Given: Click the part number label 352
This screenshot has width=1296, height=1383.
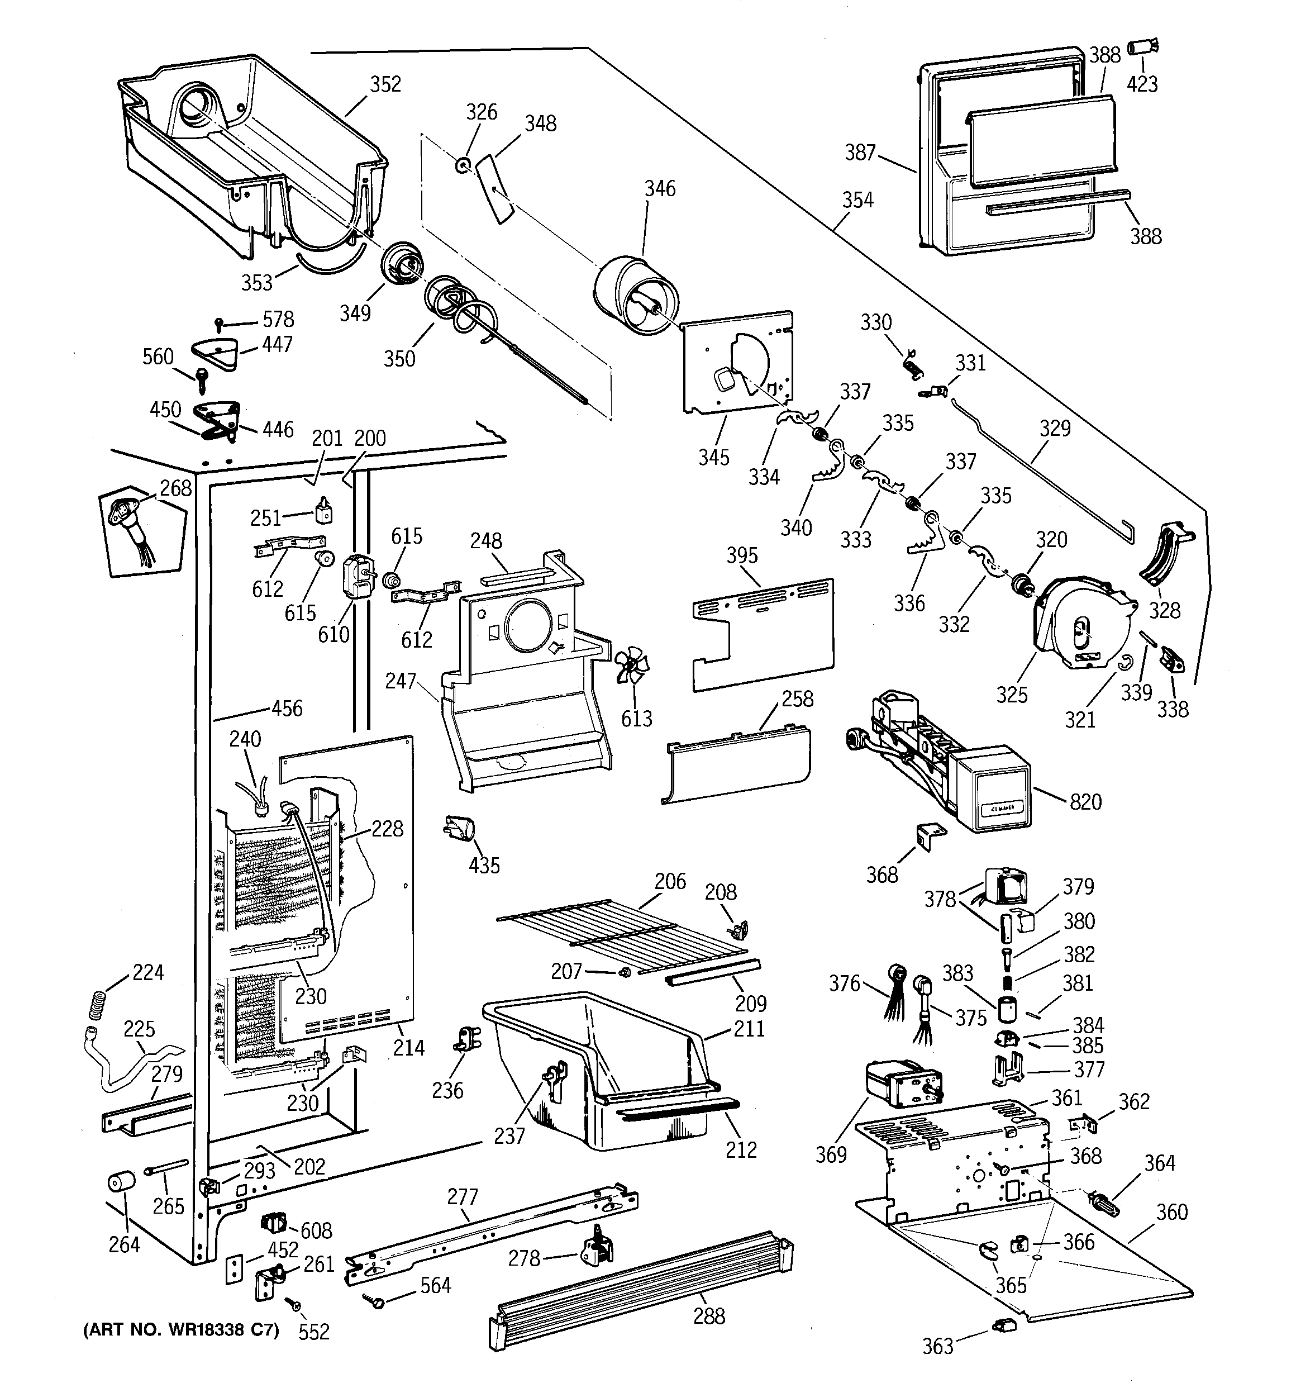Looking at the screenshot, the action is (x=385, y=84).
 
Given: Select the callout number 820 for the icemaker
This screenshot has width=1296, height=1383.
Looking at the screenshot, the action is (x=1085, y=802).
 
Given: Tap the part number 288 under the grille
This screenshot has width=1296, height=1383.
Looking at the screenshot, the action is (x=709, y=1315).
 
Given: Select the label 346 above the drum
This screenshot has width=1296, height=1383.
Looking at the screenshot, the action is (x=660, y=188).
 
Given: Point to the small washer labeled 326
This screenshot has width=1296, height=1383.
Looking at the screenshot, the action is (x=463, y=165).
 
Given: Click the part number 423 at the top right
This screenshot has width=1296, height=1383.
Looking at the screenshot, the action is (x=1142, y=84).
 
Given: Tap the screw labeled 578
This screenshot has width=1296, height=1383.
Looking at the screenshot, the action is (x=220, y=324).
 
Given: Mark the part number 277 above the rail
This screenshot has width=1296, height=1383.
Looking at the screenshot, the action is (x=463, y=1196).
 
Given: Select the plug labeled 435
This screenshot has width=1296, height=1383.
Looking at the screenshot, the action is (x=459, y=829).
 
